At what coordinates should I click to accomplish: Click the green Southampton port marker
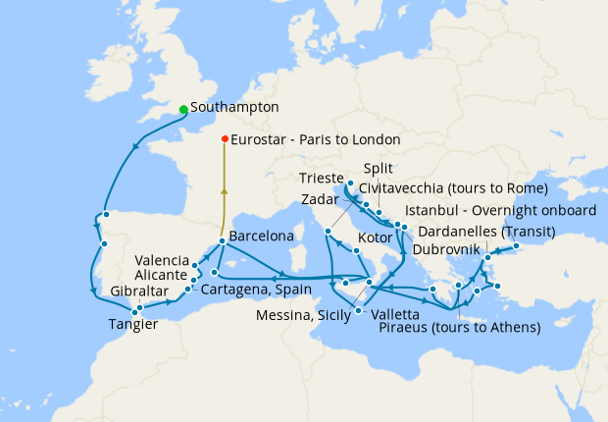click(x=183, y=109)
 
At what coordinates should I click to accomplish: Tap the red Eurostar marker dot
click(x=225, y=138)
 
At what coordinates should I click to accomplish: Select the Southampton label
click(x=235, y=107)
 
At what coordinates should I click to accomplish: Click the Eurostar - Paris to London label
click(x=315, y=139)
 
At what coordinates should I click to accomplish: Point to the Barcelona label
click(x=261, y=237)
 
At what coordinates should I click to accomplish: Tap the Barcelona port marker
click(x=223, y=240)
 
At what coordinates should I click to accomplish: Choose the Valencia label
click(x=162, y=260)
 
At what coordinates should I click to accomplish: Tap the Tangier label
click(x=133, y=325)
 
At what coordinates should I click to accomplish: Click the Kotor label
click(x=378, y=238)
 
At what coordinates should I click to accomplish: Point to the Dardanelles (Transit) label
click(x=486, y=232)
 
